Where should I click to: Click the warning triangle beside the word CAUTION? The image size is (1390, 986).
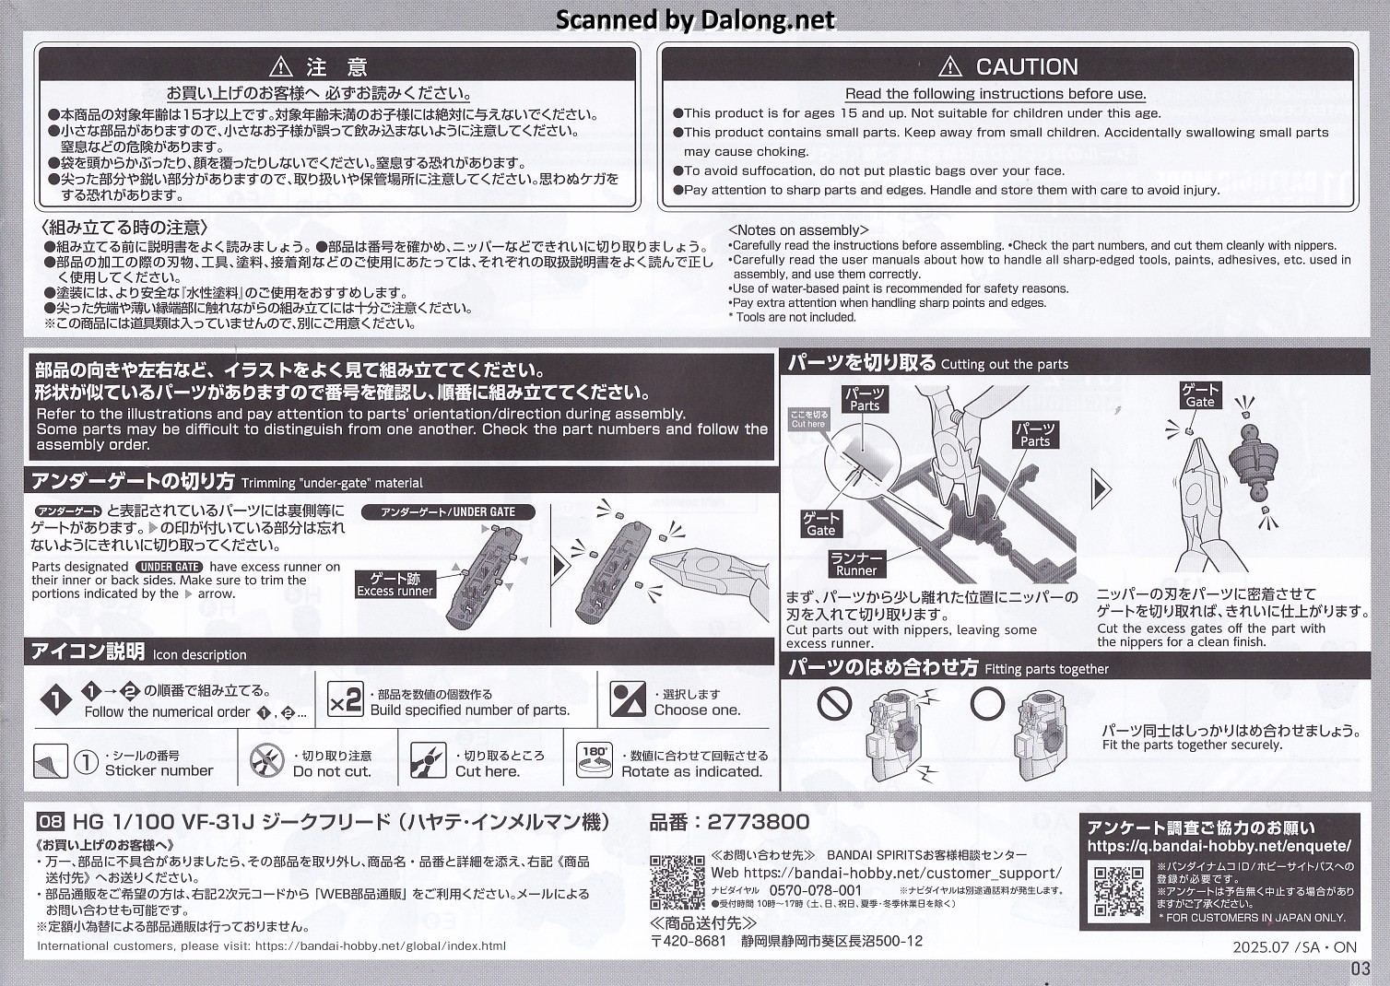pos(949,66)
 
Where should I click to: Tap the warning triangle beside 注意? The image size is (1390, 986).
pos(281,66)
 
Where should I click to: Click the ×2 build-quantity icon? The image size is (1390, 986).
pos(345,700)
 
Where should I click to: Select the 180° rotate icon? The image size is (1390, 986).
pos(594,760)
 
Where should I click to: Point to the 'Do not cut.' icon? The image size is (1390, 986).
pos(266,761)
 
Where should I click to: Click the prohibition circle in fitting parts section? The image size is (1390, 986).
pos(834,703)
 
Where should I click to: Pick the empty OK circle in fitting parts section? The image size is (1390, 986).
pos(987,703)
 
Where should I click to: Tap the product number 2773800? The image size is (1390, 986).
pos(759,822)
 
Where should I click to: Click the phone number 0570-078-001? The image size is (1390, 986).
pos(816,890)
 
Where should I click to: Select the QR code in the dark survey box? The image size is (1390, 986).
pos(1119,892)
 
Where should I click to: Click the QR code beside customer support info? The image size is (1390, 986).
pos(677,883)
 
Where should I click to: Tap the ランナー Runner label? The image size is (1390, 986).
pos(856,564)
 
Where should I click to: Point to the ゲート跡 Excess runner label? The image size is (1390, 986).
pos(395,585)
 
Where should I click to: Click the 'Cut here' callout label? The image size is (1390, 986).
pos(808,419)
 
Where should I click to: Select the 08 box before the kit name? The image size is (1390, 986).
pos(51,822)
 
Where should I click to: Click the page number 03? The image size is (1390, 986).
pos(1360,969)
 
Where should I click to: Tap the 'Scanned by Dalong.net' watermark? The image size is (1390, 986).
pos(695,19)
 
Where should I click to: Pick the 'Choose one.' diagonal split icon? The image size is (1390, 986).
pos(628,699)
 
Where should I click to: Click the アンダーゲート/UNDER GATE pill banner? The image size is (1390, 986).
pos(448,512)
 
